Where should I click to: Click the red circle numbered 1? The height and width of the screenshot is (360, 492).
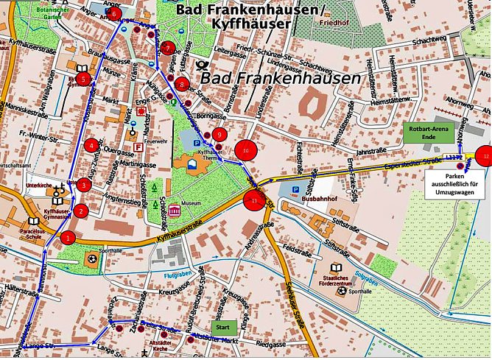click(x=68, y=237)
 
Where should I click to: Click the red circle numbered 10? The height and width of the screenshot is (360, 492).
click(x=245, y=150)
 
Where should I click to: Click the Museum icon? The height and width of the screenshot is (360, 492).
click(x=175, y=211)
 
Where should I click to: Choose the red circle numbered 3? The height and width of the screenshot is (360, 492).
click(x=84, y=185)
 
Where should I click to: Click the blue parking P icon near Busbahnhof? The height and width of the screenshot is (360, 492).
click(x=295, y=189)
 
